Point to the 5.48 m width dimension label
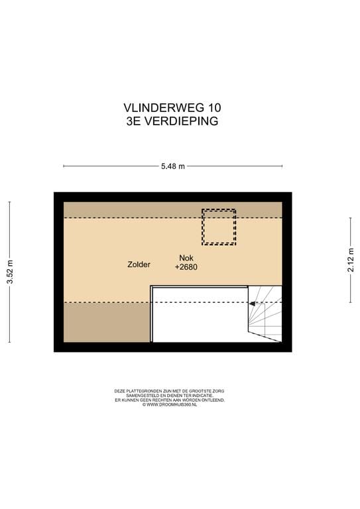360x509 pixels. tap(172, 166)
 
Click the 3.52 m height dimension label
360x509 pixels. tap(9, 272)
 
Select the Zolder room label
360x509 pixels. tap(139, 264)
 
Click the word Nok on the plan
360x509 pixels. tap(186, 258)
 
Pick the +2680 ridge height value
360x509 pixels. tap(186, 268)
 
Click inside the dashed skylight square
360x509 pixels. tap(218, 227)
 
